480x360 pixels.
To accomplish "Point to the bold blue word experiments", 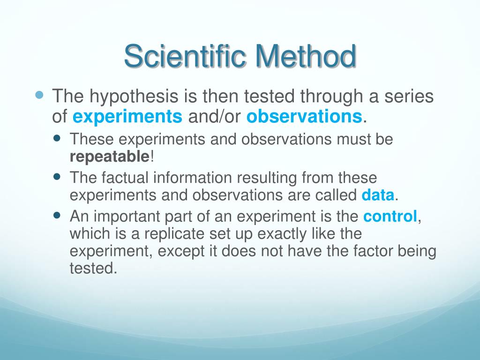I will tap(127, 117).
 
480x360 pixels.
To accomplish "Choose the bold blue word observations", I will tap(304, 117).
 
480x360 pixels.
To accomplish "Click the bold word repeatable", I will tap(109, 156).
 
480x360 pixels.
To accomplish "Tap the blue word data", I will tap(378, 195).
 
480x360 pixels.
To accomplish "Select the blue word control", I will tap(390, 217).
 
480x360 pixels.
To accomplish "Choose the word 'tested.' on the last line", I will tap(93, 269).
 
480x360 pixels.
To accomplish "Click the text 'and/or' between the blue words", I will tap(215, 117).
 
